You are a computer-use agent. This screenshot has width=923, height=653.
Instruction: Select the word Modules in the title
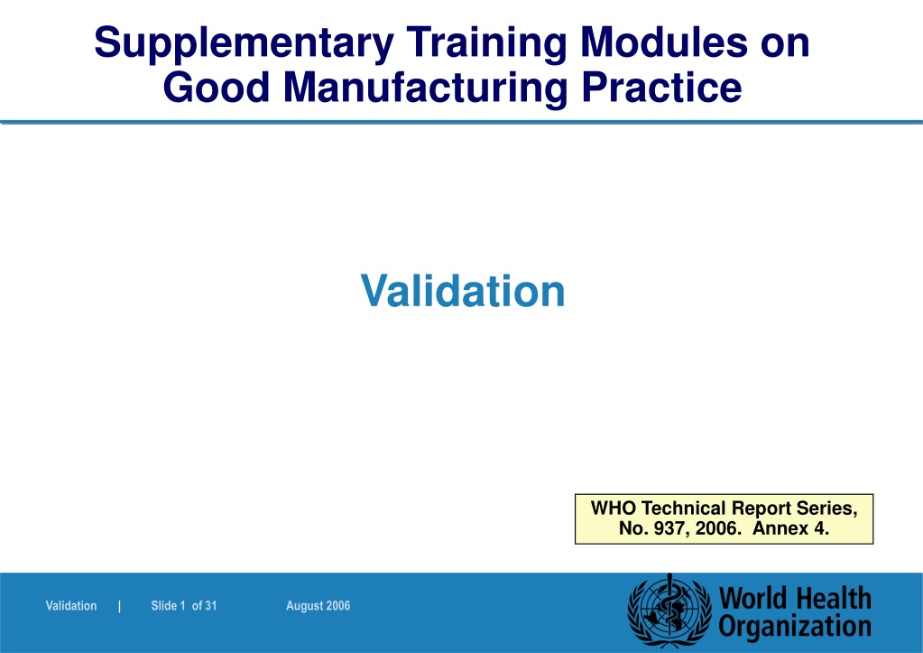click(663, 42)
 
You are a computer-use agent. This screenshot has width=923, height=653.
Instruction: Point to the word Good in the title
click(216, 88)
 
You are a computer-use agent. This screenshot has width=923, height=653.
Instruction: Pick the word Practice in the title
click(661, 88)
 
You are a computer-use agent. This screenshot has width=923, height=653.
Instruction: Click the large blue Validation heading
click(463, 291)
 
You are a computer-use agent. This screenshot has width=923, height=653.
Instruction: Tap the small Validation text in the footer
click(71, 606)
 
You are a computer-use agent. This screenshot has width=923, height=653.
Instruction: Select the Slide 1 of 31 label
click(184, 606)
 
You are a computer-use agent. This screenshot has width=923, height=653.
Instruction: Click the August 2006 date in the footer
click(318, 606)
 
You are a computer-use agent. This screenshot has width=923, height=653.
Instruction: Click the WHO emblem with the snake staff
click(669, 611)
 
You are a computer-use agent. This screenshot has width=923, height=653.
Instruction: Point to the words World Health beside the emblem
click(795, 598)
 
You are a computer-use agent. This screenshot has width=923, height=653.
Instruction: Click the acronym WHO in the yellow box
click(614, 508)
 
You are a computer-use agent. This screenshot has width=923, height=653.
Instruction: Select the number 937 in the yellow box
click(669, 528)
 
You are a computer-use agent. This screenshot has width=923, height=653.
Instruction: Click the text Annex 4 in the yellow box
click(790, 528)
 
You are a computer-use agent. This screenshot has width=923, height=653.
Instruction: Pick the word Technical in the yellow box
click(683, 508)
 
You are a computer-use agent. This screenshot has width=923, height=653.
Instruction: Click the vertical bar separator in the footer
click(119, 606)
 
